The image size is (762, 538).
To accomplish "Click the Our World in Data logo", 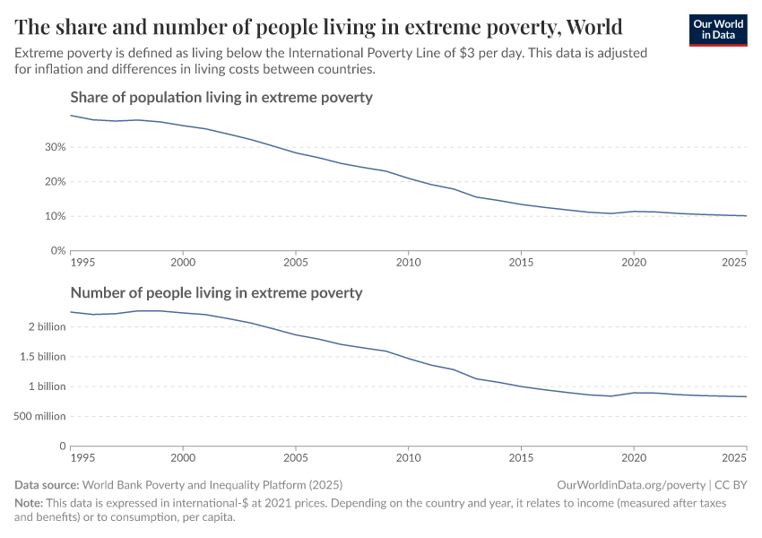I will [x=717, y=30].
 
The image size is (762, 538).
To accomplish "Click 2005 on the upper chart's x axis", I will [x=296, y=262].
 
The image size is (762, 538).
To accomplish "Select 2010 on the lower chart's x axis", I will [x=408, y=457].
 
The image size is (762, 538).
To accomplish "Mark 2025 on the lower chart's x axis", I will [x=734, y=457].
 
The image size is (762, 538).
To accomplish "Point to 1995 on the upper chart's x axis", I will [x=82, y=262].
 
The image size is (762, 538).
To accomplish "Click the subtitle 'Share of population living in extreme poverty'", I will [x=221, y=97].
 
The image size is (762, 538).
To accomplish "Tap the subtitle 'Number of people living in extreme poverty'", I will [x=216, y=292].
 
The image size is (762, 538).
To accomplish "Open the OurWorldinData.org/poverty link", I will [x=631, y=484].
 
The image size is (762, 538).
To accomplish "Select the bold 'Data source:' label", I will [x=50, y=484].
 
